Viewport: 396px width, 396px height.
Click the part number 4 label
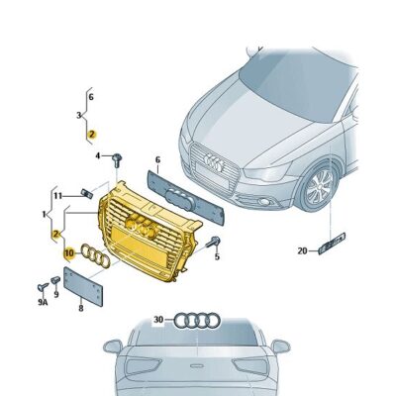point(98,155)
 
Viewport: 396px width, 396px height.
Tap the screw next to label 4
point(117,160)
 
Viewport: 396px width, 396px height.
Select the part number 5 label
point(217,256)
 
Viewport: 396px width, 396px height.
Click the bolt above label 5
point(214,243)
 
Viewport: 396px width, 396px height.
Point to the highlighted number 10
point(69,253)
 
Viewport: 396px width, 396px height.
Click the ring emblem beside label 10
point(96,255)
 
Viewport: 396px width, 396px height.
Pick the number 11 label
point(58,196)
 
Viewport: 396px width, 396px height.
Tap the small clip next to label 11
point(86,193)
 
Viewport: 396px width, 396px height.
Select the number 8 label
point(81,308)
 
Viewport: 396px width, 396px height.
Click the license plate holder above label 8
point(83,286)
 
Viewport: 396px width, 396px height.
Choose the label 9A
point(43,302)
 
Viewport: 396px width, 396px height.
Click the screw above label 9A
point(43,287)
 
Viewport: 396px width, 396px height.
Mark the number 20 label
point(302,251)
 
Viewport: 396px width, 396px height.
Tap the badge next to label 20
point(332,244)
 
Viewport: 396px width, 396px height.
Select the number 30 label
point(158,320)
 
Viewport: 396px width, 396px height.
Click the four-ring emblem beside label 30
point(197,320)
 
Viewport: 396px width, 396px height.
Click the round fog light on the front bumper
point(264,202)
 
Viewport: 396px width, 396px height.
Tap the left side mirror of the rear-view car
point(113,346)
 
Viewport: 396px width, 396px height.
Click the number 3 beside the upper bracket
point(79,116)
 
